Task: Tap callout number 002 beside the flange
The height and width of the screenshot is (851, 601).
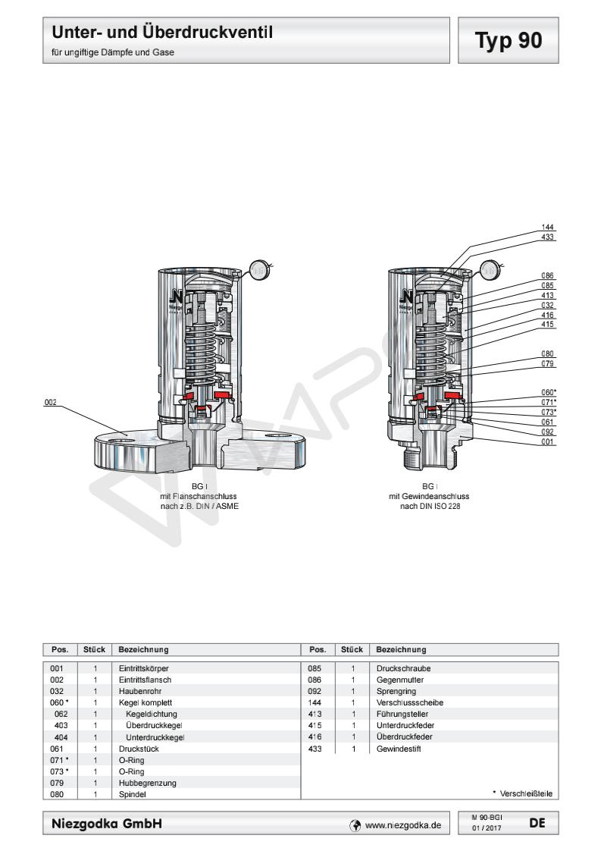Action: coord(50,403)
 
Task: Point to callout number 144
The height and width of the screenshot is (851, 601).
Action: coord(547,228)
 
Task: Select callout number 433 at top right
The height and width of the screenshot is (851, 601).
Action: coord(547,237)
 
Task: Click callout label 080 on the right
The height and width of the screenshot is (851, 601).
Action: coord(547,354)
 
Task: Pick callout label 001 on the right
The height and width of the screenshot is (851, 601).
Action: coord(547,441)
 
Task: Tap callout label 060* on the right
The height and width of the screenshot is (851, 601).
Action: coord(548,393)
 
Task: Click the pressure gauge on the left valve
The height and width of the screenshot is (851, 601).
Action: coord(258,268)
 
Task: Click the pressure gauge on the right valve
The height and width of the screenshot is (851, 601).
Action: coord(490,268)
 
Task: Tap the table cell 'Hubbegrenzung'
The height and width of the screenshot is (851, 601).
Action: coord(142,784)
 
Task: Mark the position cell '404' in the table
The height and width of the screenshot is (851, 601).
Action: coord(61,736)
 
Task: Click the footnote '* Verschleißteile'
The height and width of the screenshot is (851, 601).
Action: coord(521,794)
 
